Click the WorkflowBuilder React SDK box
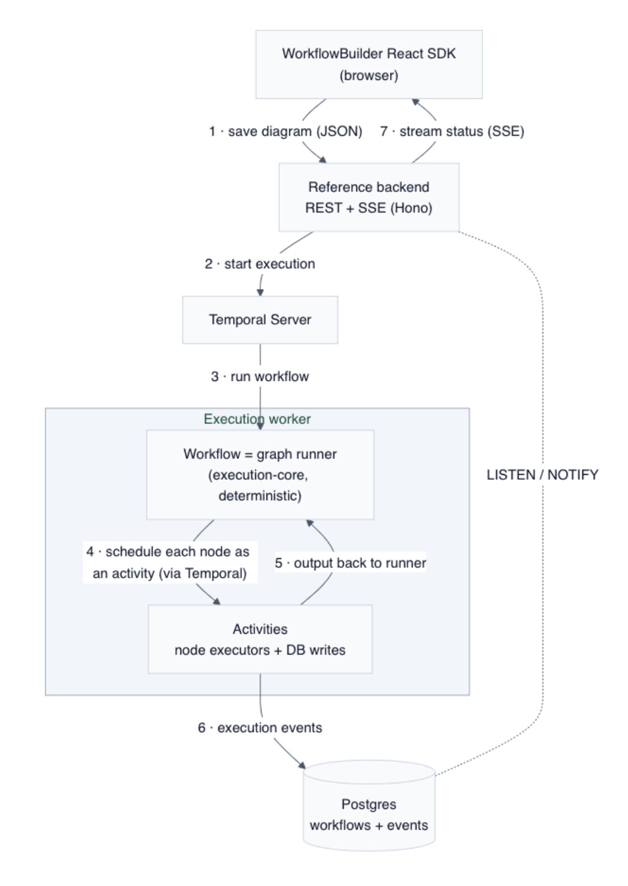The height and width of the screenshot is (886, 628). [368, 64]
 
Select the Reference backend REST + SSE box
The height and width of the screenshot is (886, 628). [368, 197]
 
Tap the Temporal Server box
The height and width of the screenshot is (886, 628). [260, 319]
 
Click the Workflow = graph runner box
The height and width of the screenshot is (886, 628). [260, 474]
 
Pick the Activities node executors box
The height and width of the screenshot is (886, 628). [260, 639]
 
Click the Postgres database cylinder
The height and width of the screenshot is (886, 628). [369, 806]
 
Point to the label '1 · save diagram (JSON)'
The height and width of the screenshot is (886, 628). [286, 131]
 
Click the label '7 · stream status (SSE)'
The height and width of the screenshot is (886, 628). [452, 131]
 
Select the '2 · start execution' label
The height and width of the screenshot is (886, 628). [260, 264]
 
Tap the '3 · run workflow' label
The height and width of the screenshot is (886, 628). [260, 376]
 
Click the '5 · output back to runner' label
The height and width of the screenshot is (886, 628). [351, 563]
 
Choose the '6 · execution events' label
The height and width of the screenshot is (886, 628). [260, 728]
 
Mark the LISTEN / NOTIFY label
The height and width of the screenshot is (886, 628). [543, 475]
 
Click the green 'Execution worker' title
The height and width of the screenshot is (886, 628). [257, 419]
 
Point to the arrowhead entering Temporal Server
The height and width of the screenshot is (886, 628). [260, 293]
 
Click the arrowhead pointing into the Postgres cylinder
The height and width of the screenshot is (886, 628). [302, 765]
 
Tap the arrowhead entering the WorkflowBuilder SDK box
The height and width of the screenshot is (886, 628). [415, 101]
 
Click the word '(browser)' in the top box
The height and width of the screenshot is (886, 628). [368, 75]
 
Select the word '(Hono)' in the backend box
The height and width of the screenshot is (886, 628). [411, 208]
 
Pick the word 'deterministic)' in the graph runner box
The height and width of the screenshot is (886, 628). [260, 496]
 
